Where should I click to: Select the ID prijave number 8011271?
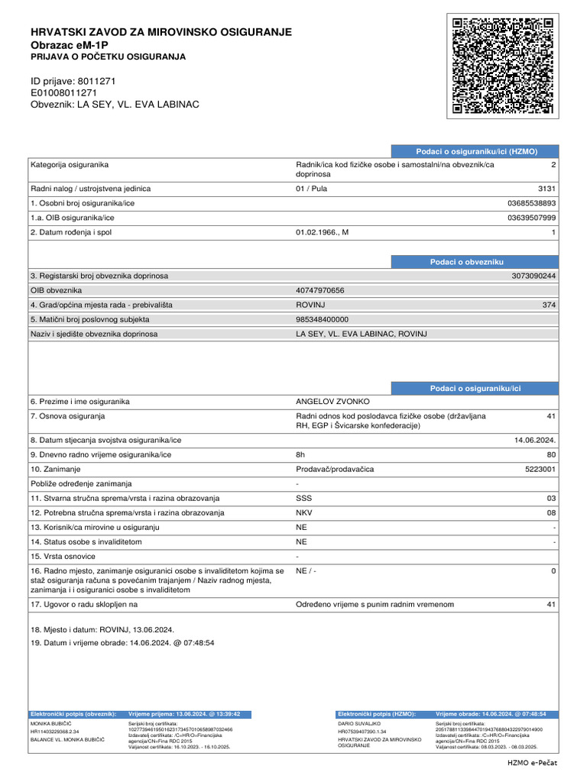[97, 80]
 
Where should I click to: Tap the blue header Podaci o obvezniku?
[466, 262]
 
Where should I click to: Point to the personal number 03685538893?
[532, 204]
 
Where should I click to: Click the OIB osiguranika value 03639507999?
[532, 218]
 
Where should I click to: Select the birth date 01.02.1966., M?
[322, 232]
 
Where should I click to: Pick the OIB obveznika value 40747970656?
[319, 290]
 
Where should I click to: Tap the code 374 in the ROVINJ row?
[549, 305]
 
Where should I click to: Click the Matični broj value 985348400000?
[322, 319]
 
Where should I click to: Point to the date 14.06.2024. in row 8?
[535, 441]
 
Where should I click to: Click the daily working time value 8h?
[300, 455]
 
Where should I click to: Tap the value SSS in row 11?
[303, 498]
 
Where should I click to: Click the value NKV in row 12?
[303, 512]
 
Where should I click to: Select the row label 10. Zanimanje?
[56, 470]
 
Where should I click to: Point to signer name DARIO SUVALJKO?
[359, 722]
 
